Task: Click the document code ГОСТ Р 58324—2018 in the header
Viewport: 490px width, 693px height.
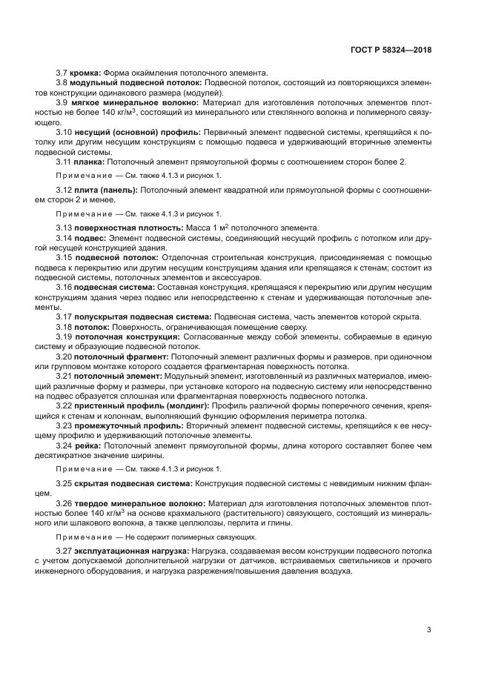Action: pyautogui.click(x=391, y=50)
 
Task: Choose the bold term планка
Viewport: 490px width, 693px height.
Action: pyautogui.click(x=90, y=161)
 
